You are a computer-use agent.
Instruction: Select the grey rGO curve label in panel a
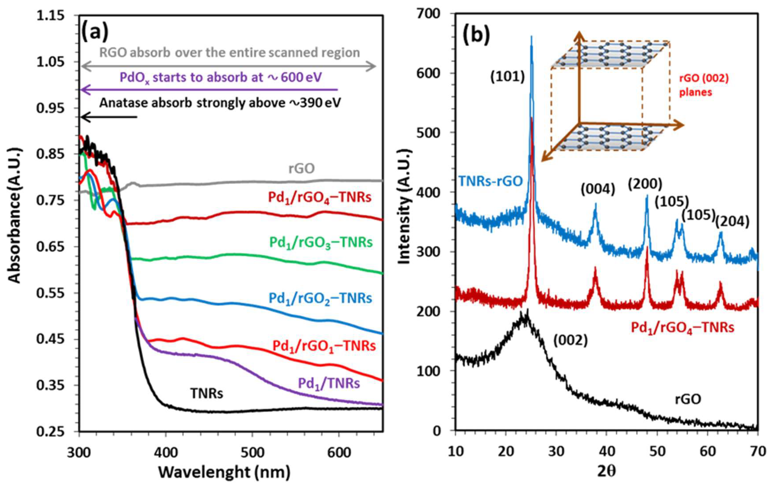click(301, 168)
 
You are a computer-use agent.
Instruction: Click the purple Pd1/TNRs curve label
click(329, 383)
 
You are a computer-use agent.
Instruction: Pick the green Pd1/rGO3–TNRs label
click(321, 242)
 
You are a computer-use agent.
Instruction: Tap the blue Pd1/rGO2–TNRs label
click(320, 298)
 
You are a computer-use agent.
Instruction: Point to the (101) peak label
click(507, 77)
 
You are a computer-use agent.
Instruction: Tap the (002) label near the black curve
click(571, 341)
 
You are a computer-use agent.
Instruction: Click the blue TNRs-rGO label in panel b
click(490, 181)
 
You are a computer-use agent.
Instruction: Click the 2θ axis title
click(607, 472)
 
